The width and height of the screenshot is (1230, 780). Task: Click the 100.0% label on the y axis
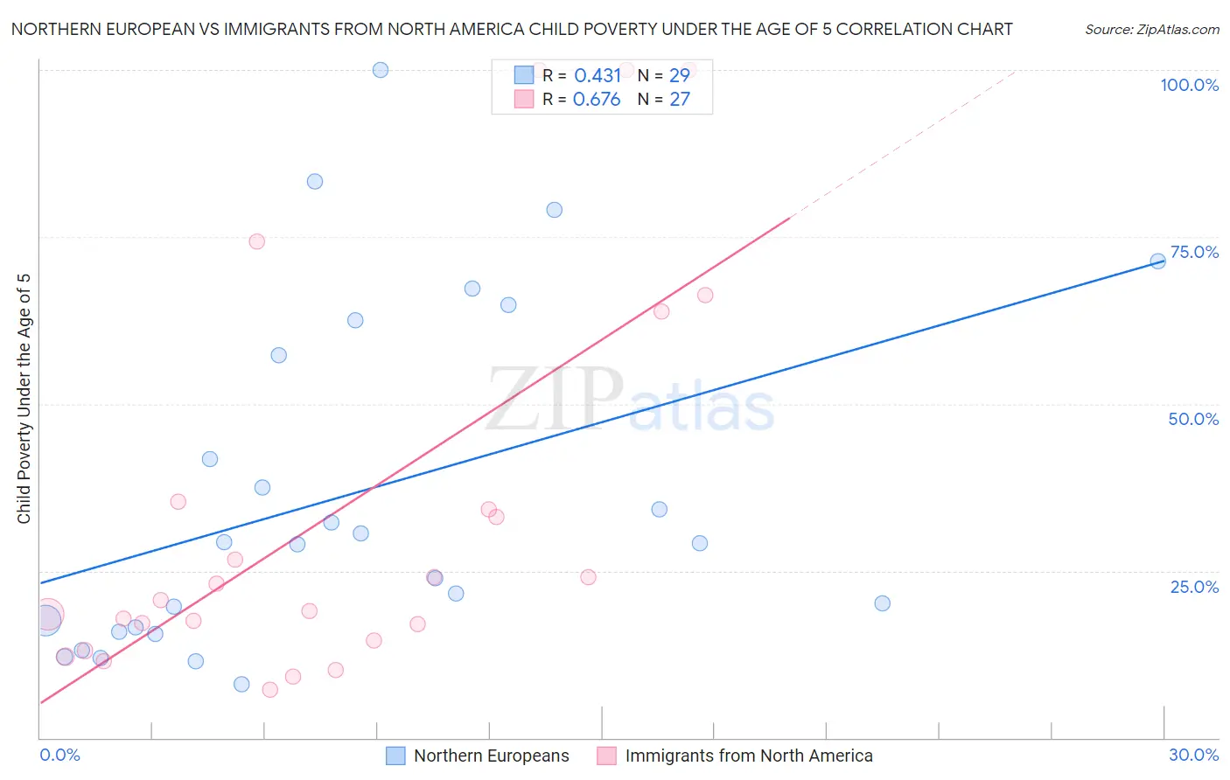pyautogui.click(x=1189, y=85)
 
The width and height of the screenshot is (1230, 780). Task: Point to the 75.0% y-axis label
pyautogui.click(x=1194, y=252)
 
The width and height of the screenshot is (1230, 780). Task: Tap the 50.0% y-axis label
pyautogui.click(x=1193, y=419)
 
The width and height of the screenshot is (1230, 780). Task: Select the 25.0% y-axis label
pyautogui.click(x=1194, y=587)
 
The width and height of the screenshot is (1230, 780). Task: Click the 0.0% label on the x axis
pyautogui.click(x=59, y=755)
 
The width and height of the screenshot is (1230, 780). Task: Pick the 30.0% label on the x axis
pyautogui.click(x=1193, y=755)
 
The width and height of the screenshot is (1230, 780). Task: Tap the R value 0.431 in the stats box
pyautogui.click(x=598, y=75)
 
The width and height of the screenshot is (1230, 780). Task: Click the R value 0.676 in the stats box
pyautogui.click(x=597, y=99)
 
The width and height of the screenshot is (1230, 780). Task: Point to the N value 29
pyautogui.click(x=680, y=75)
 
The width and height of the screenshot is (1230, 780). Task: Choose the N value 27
pyautogui.click(x=680, y=99)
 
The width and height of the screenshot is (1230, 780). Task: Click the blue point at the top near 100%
pyautogui.click(x=381, y=70)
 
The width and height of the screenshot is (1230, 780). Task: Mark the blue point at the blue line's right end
pyautogui.click(x=1157, y=261)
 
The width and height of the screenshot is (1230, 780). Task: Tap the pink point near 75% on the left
pyautogui.click(x=256, y=241)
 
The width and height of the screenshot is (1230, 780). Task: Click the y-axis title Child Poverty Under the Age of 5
pyautogui.click(x=24, y=399)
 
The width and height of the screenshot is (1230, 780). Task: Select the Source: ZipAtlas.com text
pyautogui.click(x=1151, y=29)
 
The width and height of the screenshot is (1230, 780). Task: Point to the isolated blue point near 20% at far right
pyautogui.click(x=882, y=603)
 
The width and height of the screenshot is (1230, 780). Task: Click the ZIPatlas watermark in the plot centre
pyautogui.click(x=630, y=400)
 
